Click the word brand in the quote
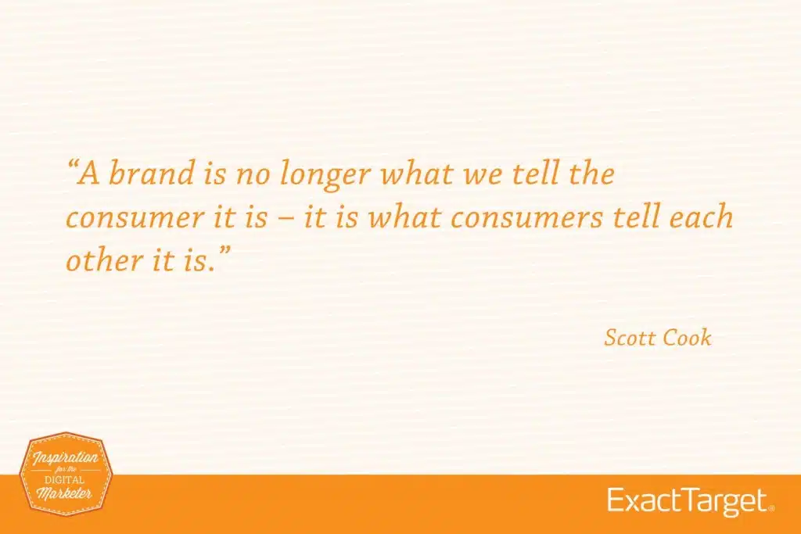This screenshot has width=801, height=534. [147, 174]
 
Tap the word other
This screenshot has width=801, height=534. [95, 261]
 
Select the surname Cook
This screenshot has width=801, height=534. [687, 337]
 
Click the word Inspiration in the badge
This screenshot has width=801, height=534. [66, 457]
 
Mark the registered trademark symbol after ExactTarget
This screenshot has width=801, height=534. [771, 508]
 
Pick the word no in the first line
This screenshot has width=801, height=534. [253, 174]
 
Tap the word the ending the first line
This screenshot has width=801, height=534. [592, 174]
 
